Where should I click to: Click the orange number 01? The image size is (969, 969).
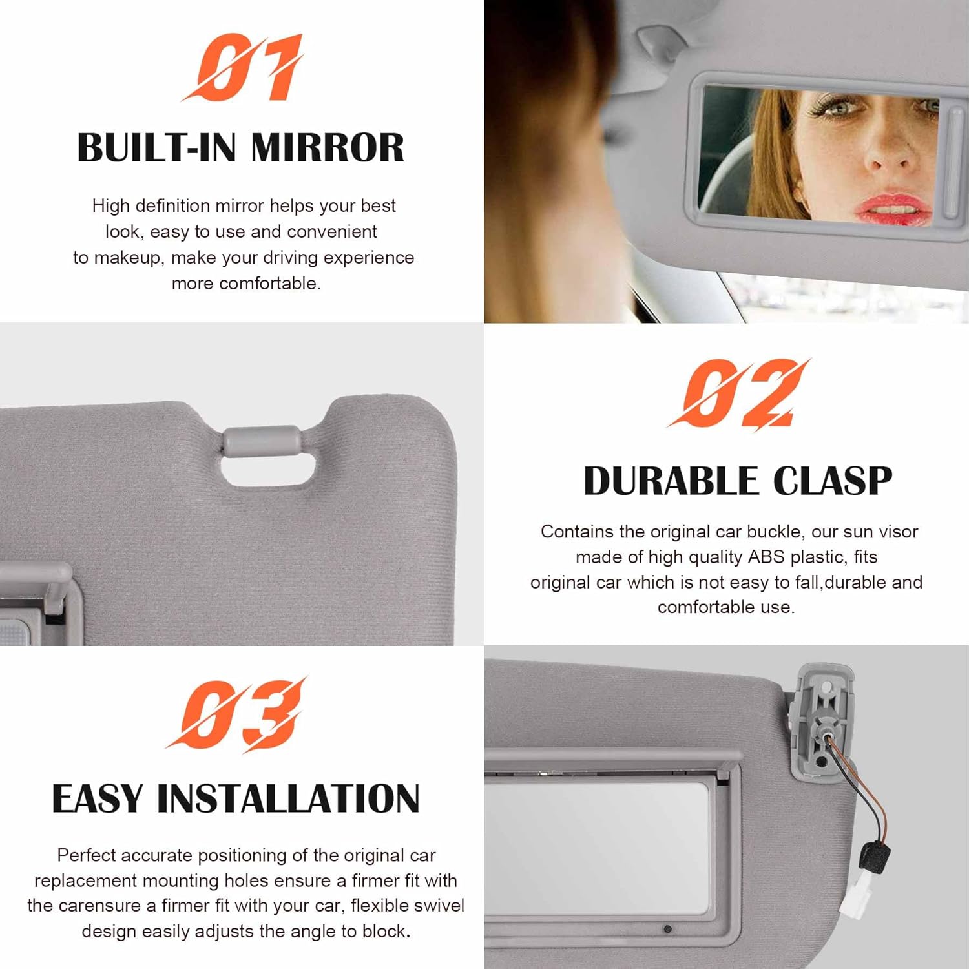(x=242, y=68)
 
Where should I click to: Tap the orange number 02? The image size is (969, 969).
(x=738, y=394)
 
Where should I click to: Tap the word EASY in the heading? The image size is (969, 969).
(x=97, y=799)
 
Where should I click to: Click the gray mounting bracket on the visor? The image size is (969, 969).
(x=821, y=720)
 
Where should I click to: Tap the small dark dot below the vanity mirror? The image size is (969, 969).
(x=667, y=929)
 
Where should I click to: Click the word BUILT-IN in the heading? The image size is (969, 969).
(x=159, y=148)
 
